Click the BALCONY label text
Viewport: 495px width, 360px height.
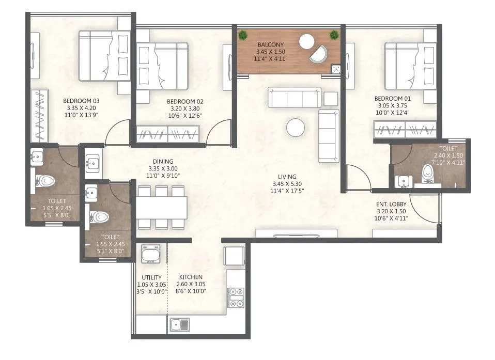pyautogui.click(x=271, y=45)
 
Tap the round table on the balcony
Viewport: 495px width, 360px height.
pyautogui.click(x=307, y=41)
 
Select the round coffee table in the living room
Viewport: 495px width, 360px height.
pyautogui.click(x=296, y=128)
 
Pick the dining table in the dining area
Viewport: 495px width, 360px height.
pyautogui.click(x=162, y=208)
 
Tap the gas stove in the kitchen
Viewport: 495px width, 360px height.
pyautogui.click(x=235, y=296)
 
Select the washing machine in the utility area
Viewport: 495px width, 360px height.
pyautogui.click(x=151, y=254)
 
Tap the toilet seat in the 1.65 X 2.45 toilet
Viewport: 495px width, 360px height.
pyautogui.click(x=45, y=181)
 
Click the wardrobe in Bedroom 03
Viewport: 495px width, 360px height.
pyautogui.click(x=39, y=116)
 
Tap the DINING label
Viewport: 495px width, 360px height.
pyautogui.click(x=162, y=162)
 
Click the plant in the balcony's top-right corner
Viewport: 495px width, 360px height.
pyautogui.click(x=334, y=35)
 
